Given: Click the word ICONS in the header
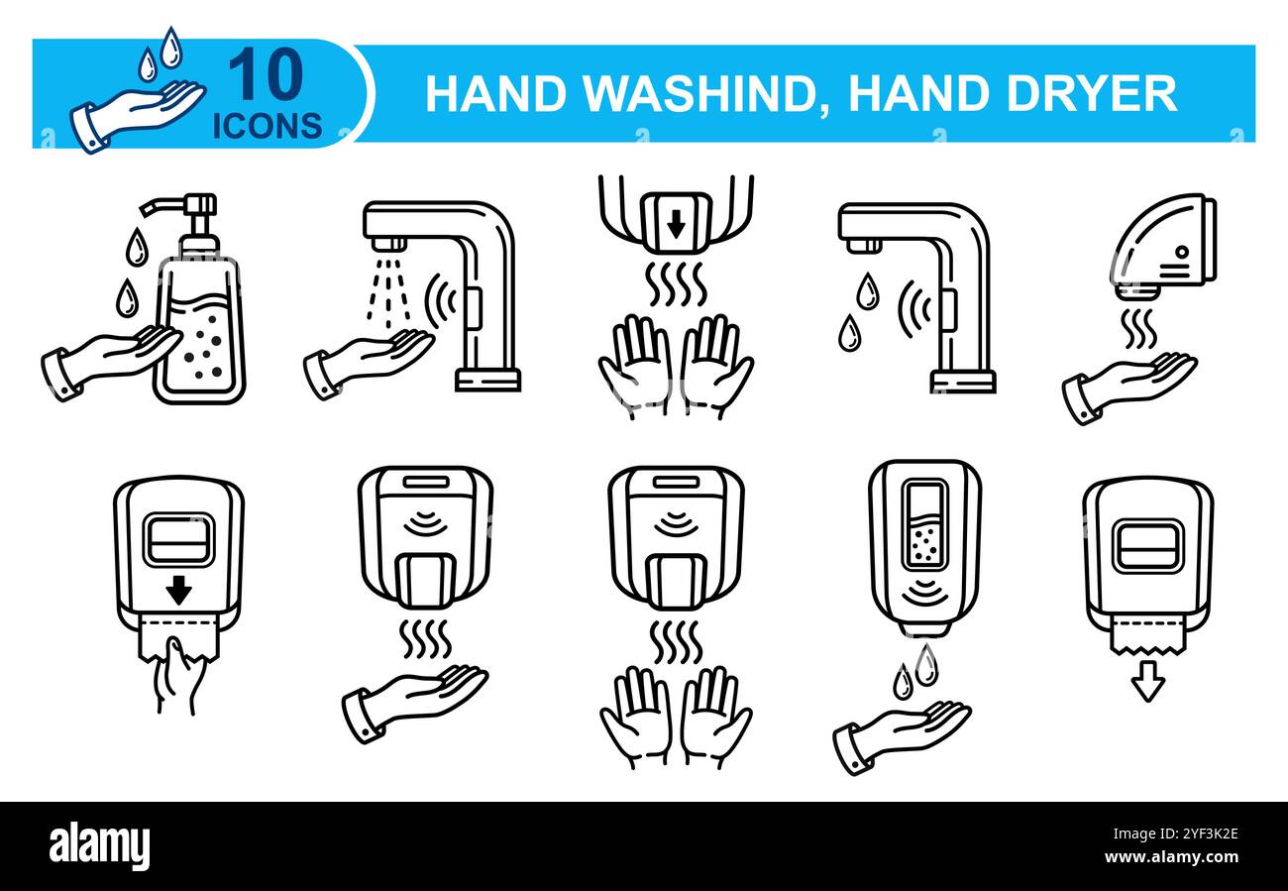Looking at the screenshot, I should click(x=268, y=124).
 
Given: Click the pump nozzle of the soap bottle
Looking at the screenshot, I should click(x=178, y=206).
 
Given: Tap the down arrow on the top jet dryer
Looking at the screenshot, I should click(x=676, y=226).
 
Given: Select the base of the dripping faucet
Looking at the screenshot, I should click(x=962, y=381).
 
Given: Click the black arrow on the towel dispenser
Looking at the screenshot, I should click(x=178, y=593).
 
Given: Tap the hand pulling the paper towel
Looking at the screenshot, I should click(x=178, y=676).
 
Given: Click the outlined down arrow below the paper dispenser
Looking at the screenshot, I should click(x=1147, y=684).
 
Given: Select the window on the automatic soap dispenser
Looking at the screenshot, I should click(x=923, y=525).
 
